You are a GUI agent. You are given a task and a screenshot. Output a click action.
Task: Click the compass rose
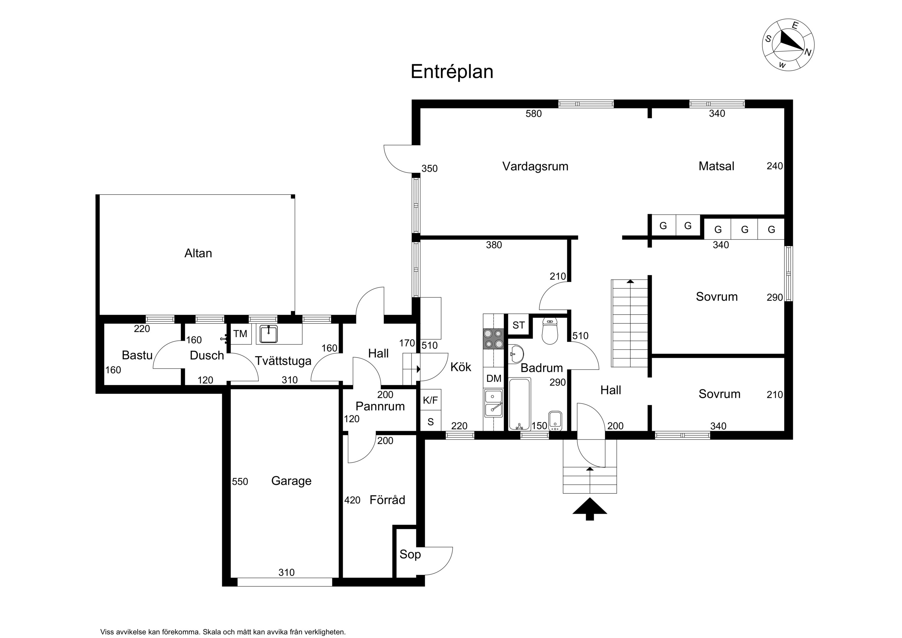(x=788, y=45)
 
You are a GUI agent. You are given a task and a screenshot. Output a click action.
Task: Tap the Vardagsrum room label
(x=535, y=166)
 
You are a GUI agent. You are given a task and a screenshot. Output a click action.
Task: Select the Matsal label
(x=716, y=166)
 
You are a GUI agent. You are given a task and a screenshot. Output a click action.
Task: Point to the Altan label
(x=198, y=253)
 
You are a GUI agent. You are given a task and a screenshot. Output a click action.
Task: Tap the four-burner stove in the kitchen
(x=493, y=339)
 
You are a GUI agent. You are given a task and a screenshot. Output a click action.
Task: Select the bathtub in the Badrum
(x=519, y=404)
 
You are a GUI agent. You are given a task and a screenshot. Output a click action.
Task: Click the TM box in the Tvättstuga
(x=240, y=334)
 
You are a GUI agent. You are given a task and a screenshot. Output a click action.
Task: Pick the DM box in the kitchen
(x=493, y=378)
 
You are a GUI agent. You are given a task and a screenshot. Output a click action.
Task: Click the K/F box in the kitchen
(x=430, y=400)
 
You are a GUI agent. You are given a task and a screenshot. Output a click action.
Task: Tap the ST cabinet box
(x=518, y=325)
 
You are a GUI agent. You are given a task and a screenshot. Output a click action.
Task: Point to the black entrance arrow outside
(x=590, y=509)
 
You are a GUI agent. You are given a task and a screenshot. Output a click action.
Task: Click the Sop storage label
(x=410, y=554)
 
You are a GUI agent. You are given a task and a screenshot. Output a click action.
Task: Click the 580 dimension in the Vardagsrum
(x=534, y=114)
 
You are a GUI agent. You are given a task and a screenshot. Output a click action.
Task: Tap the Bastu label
(x=137, y=355)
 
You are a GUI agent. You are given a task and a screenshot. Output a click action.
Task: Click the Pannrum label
(x=380, y=406)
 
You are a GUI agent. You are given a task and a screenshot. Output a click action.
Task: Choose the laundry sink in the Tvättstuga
(x=269, y=334)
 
